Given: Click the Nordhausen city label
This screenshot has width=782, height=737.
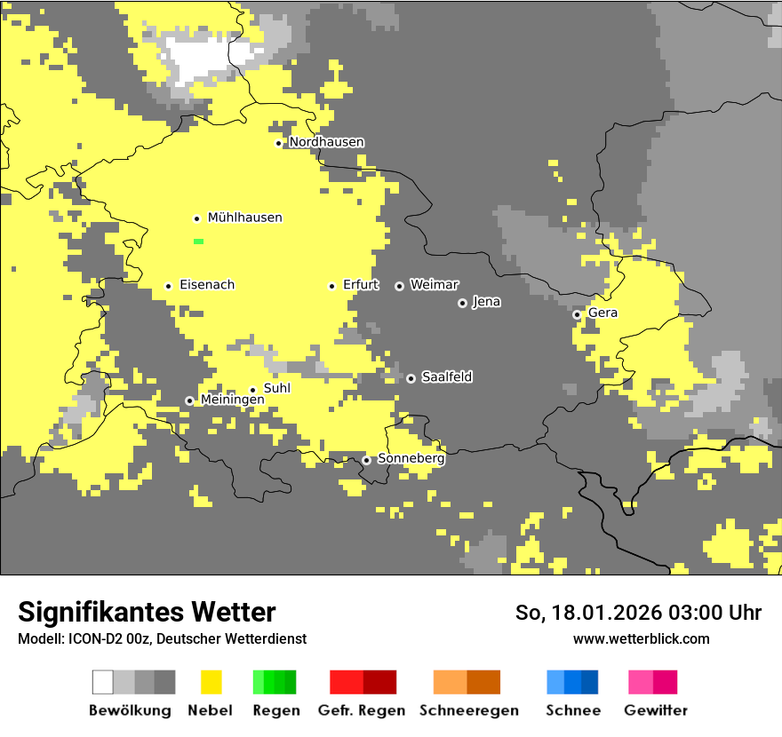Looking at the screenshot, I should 326,142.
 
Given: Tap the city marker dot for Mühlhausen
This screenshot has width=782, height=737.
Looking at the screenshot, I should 196,218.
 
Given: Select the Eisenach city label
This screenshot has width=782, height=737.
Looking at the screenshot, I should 207,285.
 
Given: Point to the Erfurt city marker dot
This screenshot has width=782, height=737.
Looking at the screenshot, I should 331,286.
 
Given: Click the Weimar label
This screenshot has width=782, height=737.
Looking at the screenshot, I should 434,285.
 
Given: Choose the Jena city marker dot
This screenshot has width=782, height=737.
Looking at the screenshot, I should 462,303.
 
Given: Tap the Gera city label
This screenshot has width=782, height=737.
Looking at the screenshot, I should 602,313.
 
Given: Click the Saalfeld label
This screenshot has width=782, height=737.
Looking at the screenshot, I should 446,377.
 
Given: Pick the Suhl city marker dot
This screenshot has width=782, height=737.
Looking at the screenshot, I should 252,390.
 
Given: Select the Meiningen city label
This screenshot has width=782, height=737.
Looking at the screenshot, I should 232,400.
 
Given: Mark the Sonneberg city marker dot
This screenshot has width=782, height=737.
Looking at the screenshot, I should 366,460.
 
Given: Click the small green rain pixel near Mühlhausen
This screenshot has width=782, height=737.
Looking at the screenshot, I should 198,242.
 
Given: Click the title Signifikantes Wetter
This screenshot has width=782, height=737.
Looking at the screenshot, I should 147,612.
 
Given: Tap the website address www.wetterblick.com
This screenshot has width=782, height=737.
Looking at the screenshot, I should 641,638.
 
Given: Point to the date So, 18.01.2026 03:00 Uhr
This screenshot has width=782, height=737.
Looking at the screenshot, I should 638,613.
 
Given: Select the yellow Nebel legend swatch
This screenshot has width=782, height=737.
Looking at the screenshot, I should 211,682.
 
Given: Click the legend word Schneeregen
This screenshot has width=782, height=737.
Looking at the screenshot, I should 468,710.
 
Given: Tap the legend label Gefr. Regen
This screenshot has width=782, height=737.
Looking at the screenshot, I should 361,710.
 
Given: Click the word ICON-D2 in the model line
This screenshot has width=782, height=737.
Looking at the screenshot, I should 92,639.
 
